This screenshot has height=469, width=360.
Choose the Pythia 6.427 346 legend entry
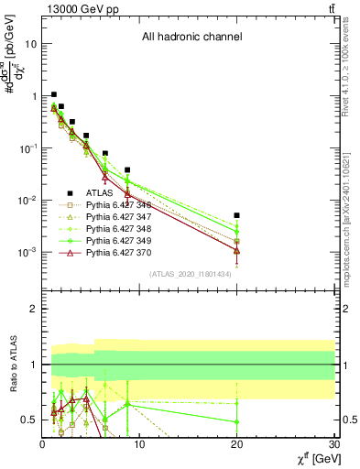pyautogui.click(x=118, y=205)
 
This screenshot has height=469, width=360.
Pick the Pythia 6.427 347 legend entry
pyautogui.click(x=118, y=217)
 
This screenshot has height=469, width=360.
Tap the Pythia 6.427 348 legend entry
pyautogui.click(x=118, y=229)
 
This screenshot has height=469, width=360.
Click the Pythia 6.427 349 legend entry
pyautogui.click(x=118, y=241)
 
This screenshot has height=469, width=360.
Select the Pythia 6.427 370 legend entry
pyautogui.click(x=118, y=253)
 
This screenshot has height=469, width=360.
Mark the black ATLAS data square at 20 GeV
pyautogui.click(x=237, y=215)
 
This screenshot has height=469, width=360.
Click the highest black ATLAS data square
pyautogui.click(x=54, y=94)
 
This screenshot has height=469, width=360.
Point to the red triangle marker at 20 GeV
pyautogui.click(x=237, y=250)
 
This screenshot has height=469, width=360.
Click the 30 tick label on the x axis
pyautogui.click(x=333, y=446)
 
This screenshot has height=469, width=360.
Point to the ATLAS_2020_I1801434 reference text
pyautogui.click(x=189, y=274)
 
